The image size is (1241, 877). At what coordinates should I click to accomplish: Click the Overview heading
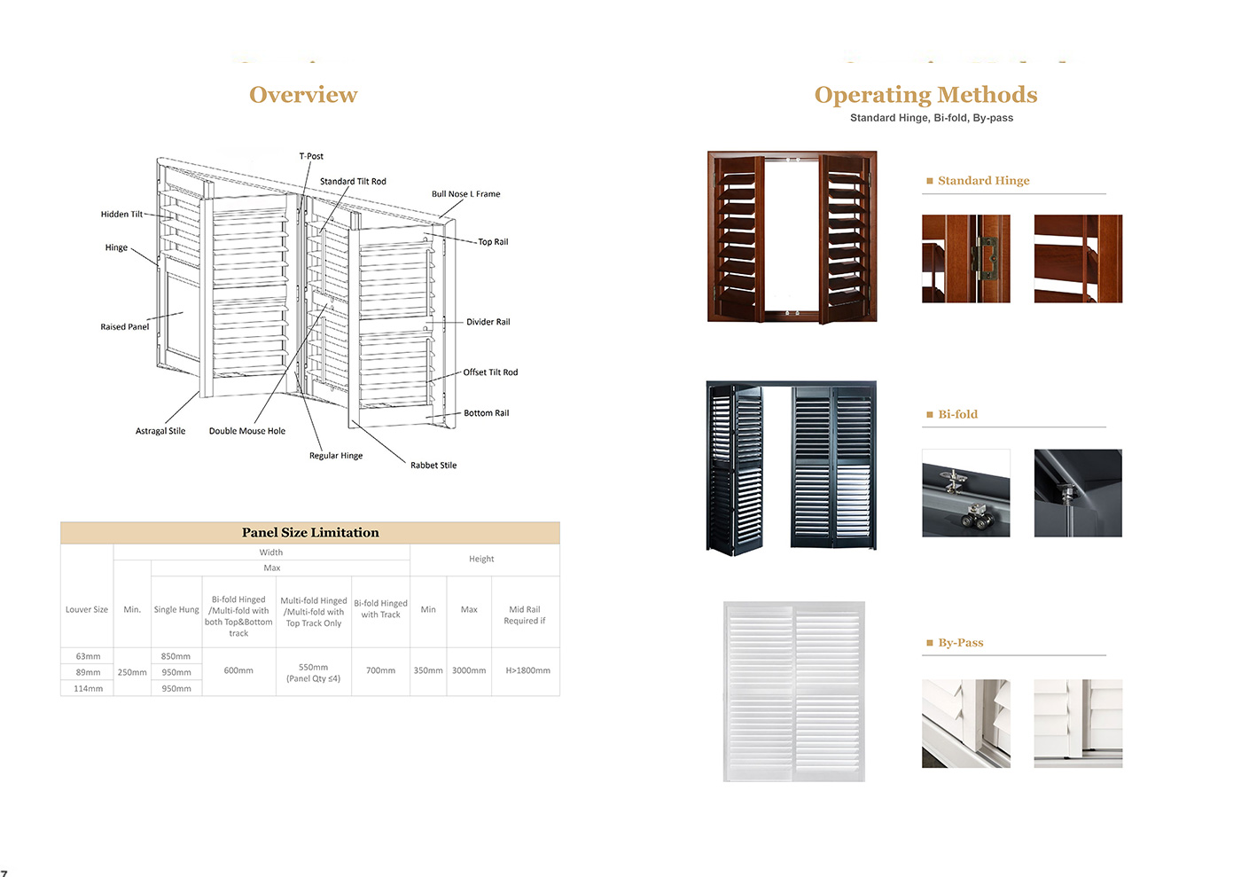[x=303, y=95]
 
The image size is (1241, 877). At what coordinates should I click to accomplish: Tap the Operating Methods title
[x=925, y=96]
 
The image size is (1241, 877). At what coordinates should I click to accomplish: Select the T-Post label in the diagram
[x=311, y=156]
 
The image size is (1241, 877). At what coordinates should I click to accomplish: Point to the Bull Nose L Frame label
[x=466, y=194]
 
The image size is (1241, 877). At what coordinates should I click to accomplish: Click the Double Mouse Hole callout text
[x=247, y=431]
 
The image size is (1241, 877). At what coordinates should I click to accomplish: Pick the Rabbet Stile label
[x=433, y=466]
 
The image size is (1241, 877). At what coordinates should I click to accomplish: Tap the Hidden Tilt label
[x=122, y=214]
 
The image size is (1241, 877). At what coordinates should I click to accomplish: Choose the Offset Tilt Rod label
[x=490, y=372]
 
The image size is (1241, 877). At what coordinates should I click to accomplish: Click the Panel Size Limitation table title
[x=310, y=533]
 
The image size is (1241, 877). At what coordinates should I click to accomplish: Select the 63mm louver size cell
[x=88, y=656]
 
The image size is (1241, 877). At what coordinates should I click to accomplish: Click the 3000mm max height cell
[x=469, y=670]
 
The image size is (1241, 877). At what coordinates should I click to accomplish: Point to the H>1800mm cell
[x=528, y=670]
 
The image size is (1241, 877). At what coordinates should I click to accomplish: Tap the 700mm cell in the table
[x=380, y=670]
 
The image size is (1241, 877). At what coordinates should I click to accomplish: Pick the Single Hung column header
[x=176, y=609]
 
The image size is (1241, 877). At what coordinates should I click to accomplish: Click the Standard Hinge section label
[x=983, y=181]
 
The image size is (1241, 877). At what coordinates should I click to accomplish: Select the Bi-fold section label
[x=958, y=414]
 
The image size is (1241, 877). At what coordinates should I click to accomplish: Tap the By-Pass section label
[x=961, y=643]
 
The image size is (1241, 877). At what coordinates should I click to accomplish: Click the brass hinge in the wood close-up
[x=986, y=258]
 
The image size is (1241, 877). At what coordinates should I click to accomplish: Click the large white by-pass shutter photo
[x=794, y=692]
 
